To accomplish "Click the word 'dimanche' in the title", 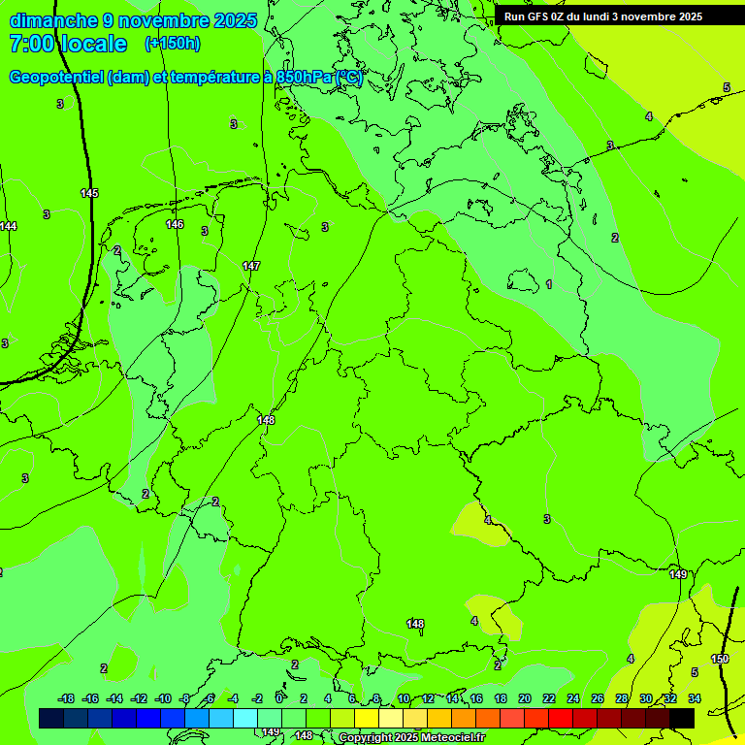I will click(x=53, y=20).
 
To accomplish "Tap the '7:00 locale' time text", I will click(x=68, y=44).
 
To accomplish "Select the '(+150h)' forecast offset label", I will click(x=173, y=44).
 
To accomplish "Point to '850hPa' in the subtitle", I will click(x=304, y=78).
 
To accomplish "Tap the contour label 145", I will click(x=89, y=194).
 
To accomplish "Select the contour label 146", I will click(x=175, y=224).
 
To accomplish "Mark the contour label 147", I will click(x=251, y=266).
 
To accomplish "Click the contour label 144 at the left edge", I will click(x=8, y=226).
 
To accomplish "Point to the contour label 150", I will click(x=720, y=659).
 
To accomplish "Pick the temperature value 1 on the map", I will click(x=549, y=284).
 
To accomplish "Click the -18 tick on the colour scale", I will click(x=66, y=698).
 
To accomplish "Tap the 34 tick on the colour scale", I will click(x=695, y=698).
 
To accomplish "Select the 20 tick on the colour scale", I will click(x=524, y=698).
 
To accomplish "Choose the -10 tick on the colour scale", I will click(x=163, y=698).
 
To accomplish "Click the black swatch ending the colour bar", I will click(x=682, y=718).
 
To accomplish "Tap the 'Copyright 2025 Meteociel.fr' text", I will click(x=411, y=738).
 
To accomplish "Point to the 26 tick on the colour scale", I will click(x=597, y=698).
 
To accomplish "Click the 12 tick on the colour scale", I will click(x=428, y=698).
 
